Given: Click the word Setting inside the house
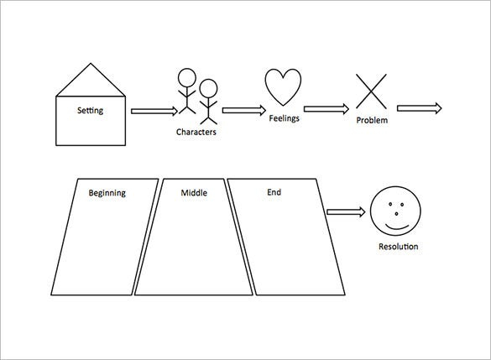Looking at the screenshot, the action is point(90,111).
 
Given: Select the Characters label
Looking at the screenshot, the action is point(196,132).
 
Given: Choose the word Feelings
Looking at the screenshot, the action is point(285,118).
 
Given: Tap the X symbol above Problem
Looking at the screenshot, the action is point(371,91).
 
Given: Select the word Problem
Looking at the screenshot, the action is point(372,120).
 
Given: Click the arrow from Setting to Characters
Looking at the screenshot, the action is point(154,111).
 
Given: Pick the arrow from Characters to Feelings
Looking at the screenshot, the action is point(244,110).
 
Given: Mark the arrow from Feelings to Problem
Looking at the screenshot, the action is point(326,108).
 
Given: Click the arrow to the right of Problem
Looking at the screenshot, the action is point(420,108).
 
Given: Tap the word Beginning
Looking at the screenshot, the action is point(107,193).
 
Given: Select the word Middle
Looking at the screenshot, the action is point(194,192).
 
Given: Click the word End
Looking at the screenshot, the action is point(274,192).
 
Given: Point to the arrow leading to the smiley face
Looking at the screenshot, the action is point(346,212).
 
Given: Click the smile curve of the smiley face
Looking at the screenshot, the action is point(397,228).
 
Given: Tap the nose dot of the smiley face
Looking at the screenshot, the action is point(396,214).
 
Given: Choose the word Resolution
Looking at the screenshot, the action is point(399,247).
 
